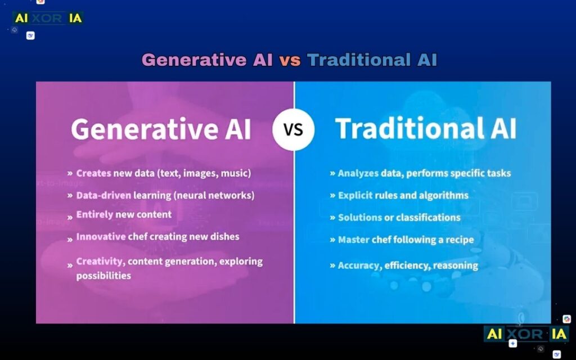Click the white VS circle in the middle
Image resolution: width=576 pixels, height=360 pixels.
294,129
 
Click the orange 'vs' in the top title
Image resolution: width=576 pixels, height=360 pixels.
290,60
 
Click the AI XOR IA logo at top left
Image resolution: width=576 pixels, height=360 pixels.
48,18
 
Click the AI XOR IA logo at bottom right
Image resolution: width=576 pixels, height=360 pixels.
527,334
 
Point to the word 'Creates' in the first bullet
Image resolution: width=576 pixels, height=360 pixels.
93,173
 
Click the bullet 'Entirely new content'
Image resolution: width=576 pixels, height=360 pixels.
124,215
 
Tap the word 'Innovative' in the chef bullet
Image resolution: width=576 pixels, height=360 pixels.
101,237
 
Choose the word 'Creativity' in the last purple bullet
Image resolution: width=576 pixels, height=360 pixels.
100,262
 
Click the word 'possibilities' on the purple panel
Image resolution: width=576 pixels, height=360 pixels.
103,276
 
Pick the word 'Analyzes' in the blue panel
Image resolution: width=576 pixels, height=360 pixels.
358,173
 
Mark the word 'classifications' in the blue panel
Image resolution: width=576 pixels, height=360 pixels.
428,217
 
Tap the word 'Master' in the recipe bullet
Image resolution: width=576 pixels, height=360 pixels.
353,240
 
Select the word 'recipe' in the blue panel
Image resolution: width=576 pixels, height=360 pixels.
458,240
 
